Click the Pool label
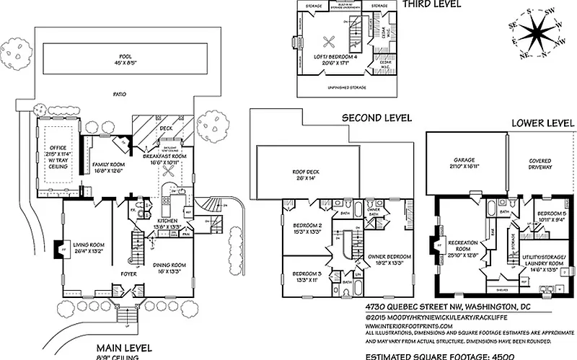point(131,58)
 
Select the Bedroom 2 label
point(307,229)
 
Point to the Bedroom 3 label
point(307,277)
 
